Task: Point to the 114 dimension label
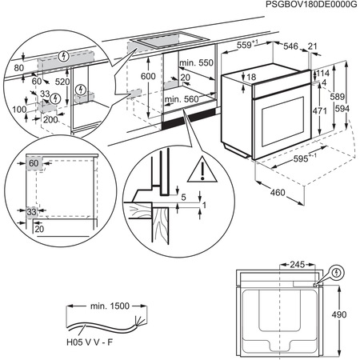pos(322,73)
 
